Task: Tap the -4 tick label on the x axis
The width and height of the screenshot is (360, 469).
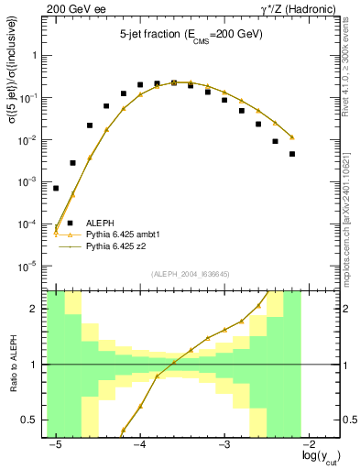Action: (139, 445)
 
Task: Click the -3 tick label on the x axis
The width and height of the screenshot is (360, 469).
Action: (224, 445)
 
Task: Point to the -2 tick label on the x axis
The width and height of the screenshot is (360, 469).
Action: (309, 445)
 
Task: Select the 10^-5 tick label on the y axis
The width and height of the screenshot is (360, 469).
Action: (33, 267)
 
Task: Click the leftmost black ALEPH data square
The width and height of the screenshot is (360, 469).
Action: (56, 188)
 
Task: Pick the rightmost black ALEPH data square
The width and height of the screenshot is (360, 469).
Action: (292, 154)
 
